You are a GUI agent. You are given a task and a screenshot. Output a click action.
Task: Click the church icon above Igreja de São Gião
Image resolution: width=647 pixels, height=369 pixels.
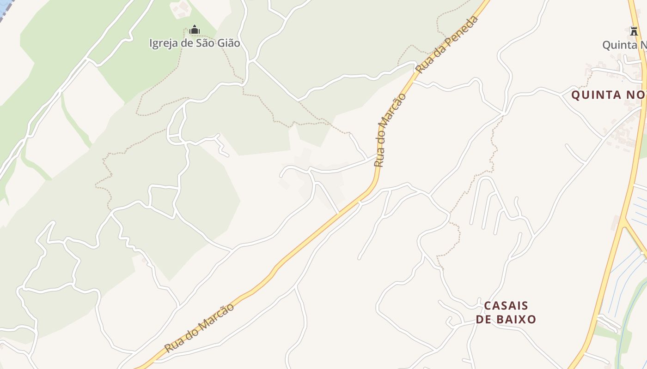(x=195, y=30)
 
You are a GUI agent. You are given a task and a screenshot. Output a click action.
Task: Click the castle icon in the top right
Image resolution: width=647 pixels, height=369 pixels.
(x=634, y=31)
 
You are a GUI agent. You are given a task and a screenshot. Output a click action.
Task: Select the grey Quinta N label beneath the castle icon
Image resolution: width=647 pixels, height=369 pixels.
(x=624, y=45)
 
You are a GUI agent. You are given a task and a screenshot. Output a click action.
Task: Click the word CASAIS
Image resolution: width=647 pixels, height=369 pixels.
(x=506, y=306)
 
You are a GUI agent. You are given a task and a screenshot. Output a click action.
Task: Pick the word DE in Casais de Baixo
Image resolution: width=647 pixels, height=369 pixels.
(x=484, y=319)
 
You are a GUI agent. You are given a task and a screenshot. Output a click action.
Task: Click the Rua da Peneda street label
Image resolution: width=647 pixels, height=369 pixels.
(x=447, y=44)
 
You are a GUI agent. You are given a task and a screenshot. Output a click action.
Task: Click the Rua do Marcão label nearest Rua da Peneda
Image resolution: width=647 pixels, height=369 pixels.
(x=390, y=130)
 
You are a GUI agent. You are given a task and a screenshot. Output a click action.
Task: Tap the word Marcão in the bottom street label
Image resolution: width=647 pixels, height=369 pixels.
(x=217, y=316)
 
